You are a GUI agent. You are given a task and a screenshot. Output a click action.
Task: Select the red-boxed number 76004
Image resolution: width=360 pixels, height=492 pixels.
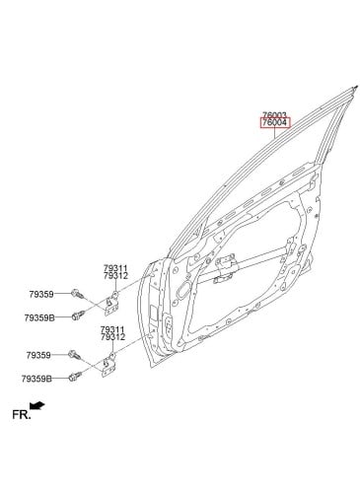pos(276,123)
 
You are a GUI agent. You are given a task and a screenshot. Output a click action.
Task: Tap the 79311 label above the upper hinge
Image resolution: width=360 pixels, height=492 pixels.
pos(115,269)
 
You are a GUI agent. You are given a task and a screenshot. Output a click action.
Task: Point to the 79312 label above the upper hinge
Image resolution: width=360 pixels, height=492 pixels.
pos(115,276)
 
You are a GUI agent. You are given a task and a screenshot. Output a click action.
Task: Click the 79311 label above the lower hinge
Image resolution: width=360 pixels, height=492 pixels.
pos(112,329)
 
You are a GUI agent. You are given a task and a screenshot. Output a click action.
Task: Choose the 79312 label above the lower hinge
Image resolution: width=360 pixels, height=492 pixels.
pos(112,337)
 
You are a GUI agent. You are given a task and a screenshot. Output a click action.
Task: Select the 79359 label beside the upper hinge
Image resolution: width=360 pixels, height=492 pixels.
pos(41,295)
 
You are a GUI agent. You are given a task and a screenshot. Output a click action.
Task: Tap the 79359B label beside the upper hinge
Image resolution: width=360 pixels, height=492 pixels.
pos(39,317)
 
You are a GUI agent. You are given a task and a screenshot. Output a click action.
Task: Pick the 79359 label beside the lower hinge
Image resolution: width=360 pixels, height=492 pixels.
pos(38,355)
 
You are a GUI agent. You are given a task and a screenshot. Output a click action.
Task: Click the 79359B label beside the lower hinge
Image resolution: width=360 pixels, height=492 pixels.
pos(36,379)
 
